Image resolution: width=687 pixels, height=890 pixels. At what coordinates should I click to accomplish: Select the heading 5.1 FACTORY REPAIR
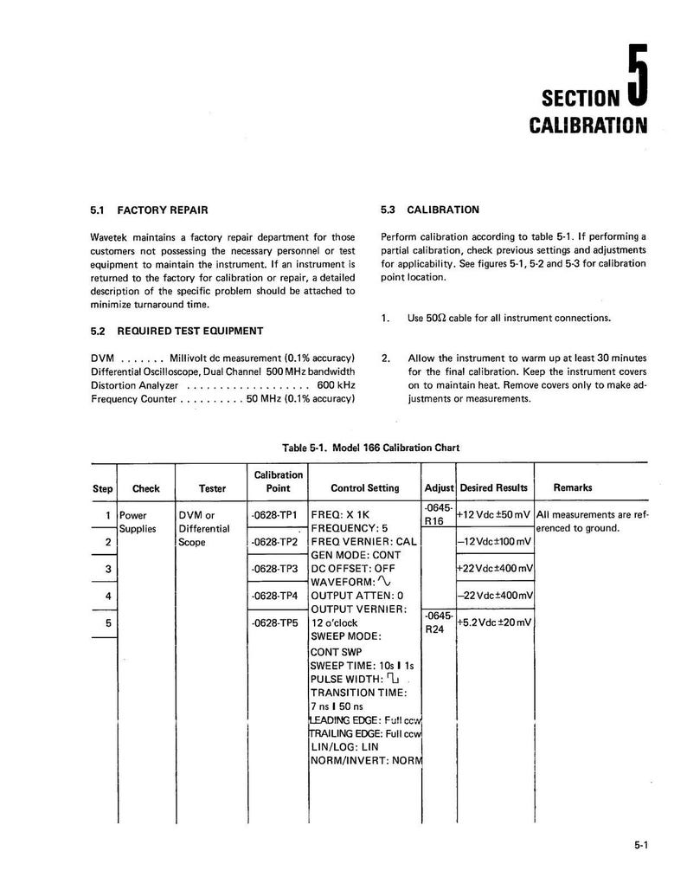click(149, 210)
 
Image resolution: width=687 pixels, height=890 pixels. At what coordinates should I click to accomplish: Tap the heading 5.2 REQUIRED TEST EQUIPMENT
click(177, 331)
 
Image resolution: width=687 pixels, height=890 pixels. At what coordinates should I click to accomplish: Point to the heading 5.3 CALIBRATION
click(429, 210)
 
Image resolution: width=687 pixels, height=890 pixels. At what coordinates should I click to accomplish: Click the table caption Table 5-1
click(370, 448)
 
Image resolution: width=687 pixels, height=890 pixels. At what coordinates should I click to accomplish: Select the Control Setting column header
click(364, 488)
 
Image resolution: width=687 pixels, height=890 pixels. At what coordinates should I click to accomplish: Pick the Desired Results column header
click(493, 488)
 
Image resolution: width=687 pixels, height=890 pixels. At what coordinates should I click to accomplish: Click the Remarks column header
click(573, 488)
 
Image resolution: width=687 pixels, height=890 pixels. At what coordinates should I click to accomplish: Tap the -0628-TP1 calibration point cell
click(273, 514)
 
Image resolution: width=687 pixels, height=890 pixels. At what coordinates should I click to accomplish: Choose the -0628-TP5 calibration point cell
click(273, 622)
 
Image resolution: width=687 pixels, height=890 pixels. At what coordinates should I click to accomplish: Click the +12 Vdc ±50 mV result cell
click(494, 514)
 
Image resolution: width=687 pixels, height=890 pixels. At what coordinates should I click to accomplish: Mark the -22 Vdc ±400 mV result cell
click(494, 596)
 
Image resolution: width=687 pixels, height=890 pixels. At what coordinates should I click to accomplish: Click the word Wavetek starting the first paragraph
click(111, 236)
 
